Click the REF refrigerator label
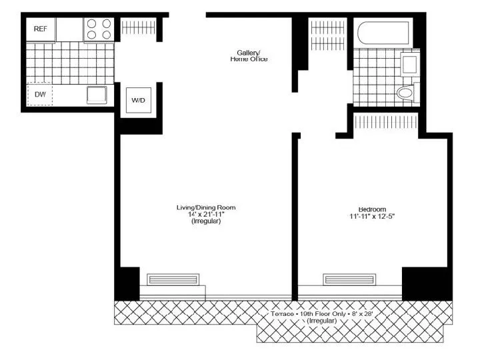(40, 29)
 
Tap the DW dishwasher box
(40, 95)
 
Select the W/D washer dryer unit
(139, 101)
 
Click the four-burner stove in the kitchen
(99, 29)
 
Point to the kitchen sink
(97, 95)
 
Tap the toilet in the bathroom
(405, 93)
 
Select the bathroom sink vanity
(409, 65)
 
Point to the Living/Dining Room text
(205, 207)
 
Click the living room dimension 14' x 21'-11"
(205, 214)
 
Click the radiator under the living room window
(173, 279)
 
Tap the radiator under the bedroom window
(350, 279)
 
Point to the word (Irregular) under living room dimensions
(205, 221)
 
